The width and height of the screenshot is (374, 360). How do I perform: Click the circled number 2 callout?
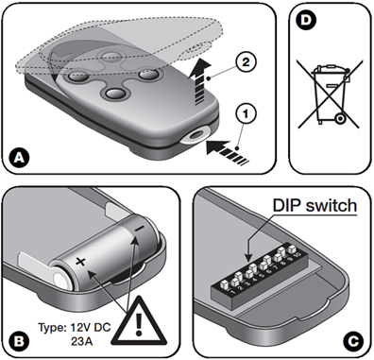(x=246, y=62)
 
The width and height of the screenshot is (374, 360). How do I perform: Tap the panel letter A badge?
(x=20, y=158)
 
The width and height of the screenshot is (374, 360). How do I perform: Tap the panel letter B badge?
(x=19, y=341)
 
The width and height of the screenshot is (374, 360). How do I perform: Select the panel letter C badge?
(x=353, y=341)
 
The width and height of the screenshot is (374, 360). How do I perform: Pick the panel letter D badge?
(x=305, y=20)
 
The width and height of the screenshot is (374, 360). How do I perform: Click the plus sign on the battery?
(x=80, y=262)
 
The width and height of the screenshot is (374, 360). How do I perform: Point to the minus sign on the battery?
(x=140, y=228)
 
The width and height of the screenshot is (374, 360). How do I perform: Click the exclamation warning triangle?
(x=138, y=321)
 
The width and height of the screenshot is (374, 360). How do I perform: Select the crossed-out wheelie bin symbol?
(x=329, y=94)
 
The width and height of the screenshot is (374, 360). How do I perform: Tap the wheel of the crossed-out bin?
(x=340, y=118)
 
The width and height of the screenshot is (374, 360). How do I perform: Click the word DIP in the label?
(x=286, y=205)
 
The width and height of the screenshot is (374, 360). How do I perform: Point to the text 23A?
(x=82, y=342)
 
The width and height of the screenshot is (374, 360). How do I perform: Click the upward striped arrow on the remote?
(x=199, y=81)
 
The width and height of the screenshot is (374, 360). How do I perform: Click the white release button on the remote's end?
(x=195, y=135)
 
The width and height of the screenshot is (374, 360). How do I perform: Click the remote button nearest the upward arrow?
(x=148, y=75)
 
